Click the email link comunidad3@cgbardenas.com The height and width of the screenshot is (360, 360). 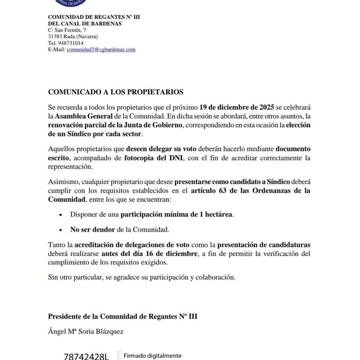click(x=101, y=49)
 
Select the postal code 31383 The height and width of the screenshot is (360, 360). click(x=55, y=36)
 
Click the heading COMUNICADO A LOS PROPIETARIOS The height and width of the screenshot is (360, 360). click(x=116, y=92)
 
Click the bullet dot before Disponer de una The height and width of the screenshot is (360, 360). click(x=61, y=215)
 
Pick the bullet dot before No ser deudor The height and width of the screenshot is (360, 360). click(x=61, y=230)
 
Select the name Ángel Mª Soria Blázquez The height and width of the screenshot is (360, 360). click(x=86, y=331)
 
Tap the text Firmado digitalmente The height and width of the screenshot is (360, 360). click(x=153, y=356)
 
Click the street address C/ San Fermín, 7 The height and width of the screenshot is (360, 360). click(x=67, y=30)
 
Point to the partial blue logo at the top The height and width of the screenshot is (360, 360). click(x=71, y=3)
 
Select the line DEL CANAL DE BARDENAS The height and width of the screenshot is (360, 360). click(x=85, y=24)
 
